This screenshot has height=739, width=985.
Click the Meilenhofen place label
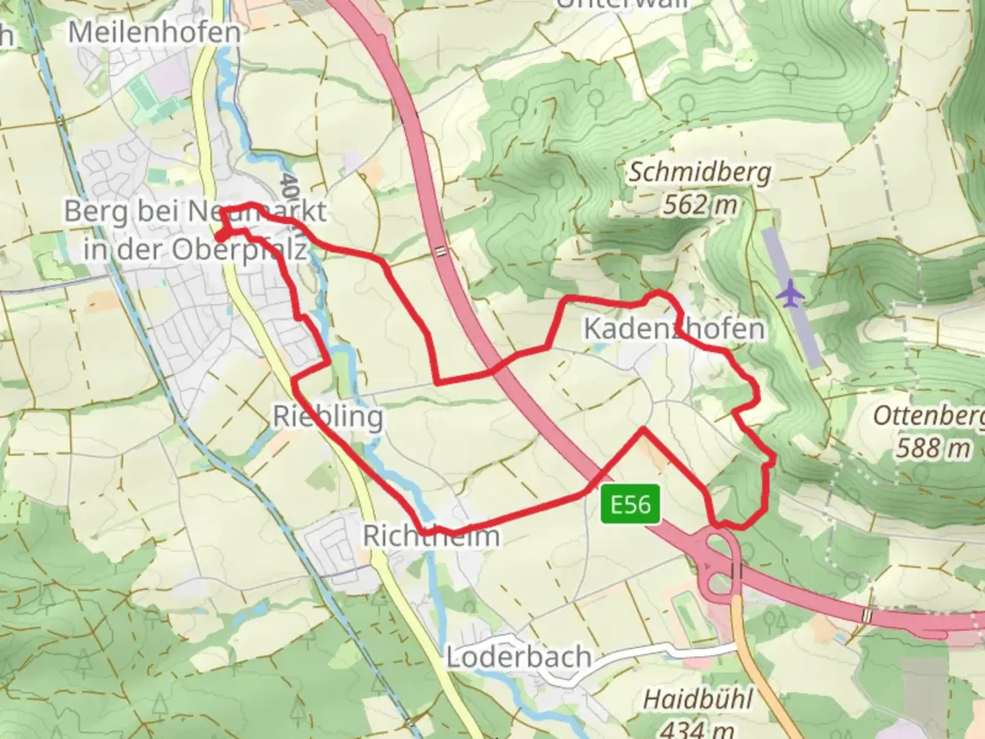click(x=155, y=32)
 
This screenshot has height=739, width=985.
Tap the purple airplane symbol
click(x=791, y=294)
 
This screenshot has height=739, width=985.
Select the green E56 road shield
click(x=631, y=505)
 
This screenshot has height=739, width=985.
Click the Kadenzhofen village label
click(x=674, y=328)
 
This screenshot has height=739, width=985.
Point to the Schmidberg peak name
click(x=699, y=172)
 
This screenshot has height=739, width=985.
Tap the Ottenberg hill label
click(x=928, y=416)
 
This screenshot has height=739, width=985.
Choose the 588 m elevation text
click(x=933, y=448)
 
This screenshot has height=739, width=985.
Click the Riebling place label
click(x=328, y=416)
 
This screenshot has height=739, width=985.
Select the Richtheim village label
click(x=431, y=536)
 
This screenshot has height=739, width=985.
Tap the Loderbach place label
click(x=518, y=658)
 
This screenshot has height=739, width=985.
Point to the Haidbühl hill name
click(x=698, y=699)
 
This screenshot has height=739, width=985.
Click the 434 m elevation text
click(x=698, y=728)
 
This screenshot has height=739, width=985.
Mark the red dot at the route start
click(x=220, y=236)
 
